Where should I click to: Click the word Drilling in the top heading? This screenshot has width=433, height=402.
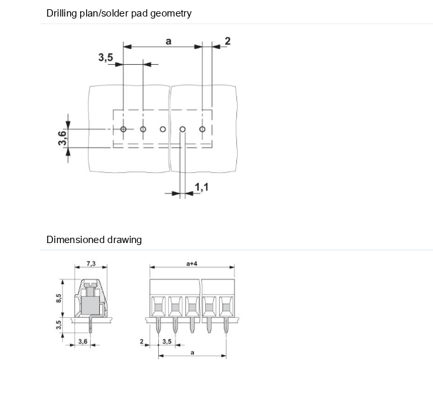click(63, 13)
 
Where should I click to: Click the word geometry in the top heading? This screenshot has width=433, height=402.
click(171, 13)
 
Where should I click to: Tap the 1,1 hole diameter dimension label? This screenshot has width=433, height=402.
click(202, 188)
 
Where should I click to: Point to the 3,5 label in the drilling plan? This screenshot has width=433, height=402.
click(106, 58)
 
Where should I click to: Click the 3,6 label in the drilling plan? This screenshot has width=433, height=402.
click(62, 138)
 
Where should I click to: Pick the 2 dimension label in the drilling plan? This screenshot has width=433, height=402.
click(227, 41)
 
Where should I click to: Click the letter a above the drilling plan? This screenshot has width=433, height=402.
click(168, 41)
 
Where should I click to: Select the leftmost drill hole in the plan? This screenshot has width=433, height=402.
click(123, 129)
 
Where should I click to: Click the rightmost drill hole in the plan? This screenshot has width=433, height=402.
click(203, 129)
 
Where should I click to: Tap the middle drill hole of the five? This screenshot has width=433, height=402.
click(163, 129)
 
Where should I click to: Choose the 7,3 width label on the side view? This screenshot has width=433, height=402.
click(91, 264)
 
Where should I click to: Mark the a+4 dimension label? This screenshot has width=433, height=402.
click(192, 264)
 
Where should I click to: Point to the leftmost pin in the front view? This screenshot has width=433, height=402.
click(158, 326)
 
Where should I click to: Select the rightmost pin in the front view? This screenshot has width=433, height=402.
click(225, 326)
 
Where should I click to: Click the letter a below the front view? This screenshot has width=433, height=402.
click(192, 352)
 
